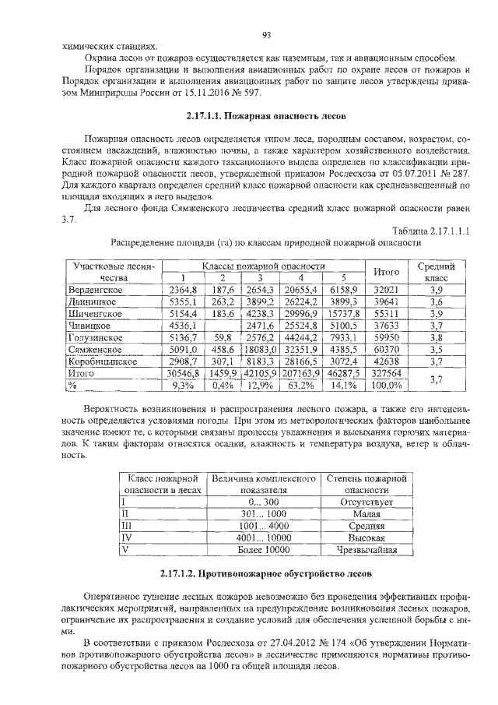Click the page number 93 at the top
click(x=265, y=33)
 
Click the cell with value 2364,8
click(x=183, y=289)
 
